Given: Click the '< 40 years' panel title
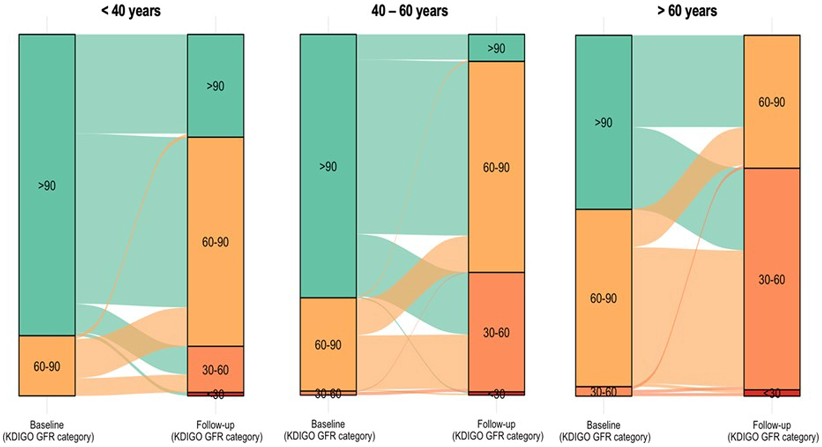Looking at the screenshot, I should click(131, 11).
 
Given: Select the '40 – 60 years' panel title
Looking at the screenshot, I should click(410, 11).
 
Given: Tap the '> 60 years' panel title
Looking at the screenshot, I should click(687, 11).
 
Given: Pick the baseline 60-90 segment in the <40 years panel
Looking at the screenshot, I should click(47, 366).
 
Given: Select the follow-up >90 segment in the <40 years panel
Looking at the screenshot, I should click(215, 86).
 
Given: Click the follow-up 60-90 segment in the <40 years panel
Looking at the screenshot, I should click(215, 241).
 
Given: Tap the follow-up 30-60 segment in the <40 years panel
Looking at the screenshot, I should click(215, 369).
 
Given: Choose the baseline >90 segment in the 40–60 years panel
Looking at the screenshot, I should click(328, 166).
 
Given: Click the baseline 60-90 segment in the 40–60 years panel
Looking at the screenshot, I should click(328, 344).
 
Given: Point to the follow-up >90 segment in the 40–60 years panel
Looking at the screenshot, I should click(496, 48).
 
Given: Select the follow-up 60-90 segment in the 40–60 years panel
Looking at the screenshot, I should click(496, 167).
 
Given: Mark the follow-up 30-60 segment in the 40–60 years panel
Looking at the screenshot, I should click(496, 332).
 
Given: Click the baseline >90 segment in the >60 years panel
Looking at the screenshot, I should click(604, 122).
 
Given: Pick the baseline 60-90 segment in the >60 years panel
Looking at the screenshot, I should click(604, 298).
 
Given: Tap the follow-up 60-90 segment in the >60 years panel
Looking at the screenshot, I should click(772, 102).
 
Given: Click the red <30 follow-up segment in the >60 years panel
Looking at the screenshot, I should click(772, 393).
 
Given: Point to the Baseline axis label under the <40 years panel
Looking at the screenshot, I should click(47, 431).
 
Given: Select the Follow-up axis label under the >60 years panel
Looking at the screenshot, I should click(772, 431).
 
